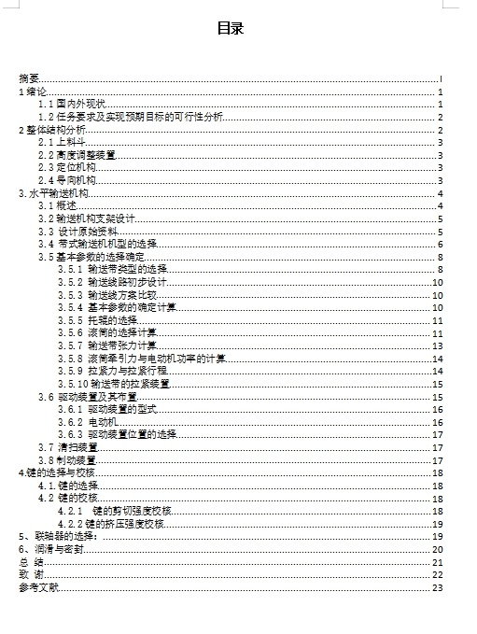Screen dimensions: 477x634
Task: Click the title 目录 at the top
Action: [230, 29]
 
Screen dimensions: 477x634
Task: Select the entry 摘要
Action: [29, 79]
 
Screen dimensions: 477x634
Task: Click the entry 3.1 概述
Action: [57, 205]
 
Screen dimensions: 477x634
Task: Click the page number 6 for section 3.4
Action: [439, 244]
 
